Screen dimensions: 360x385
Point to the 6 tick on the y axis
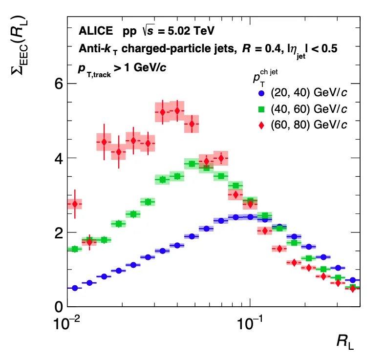click(58, 84)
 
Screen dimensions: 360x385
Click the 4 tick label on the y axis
click(58, 158)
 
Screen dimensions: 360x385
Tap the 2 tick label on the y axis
click(58, 233)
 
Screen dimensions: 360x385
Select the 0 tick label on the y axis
click(58, 307)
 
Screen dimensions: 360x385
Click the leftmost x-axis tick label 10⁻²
click(65, 324)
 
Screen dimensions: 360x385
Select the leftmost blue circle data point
click(75, 288)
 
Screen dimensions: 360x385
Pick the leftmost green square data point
click(75, 249)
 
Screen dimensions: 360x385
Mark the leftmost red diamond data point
click(75, 204)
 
